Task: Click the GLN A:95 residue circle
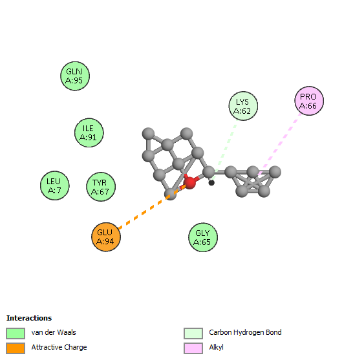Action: click(x=75, y=76)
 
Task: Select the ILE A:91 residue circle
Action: click(x=89, y=132)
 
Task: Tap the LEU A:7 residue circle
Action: click(x=55, y=185)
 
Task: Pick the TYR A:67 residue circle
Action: click(x=101, y=187)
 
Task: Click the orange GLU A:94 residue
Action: click(x=106, y=237)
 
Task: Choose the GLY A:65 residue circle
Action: click(x=203, y=237)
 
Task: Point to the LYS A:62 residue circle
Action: click(x=243, y=106)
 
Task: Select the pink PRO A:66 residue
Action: click(x=309, y=101)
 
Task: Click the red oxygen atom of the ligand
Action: click(x=190, y=182)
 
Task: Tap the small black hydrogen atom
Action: click(x=211, y=183)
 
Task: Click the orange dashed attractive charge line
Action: click(x=152, y=207)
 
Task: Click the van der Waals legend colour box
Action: click(x=16, y=334)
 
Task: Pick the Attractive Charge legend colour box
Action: click(x=16, y=348)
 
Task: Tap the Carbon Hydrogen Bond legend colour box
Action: click(x=193, y=334)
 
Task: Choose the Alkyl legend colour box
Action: click(x=193, y=348)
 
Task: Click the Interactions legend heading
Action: click(x=29, y=318)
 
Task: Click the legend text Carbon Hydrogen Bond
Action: click(x=245, y=333)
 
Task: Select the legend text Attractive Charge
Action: click(x=59, y=347)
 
